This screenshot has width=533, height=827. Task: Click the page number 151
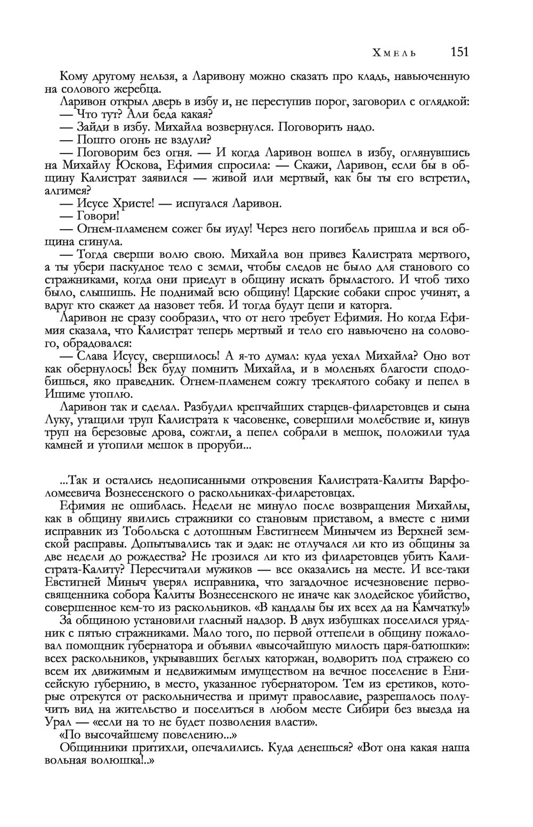pyautogui.click(x=459, y=52)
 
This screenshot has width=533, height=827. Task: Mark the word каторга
pyautogui.click(x=368, y=305)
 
